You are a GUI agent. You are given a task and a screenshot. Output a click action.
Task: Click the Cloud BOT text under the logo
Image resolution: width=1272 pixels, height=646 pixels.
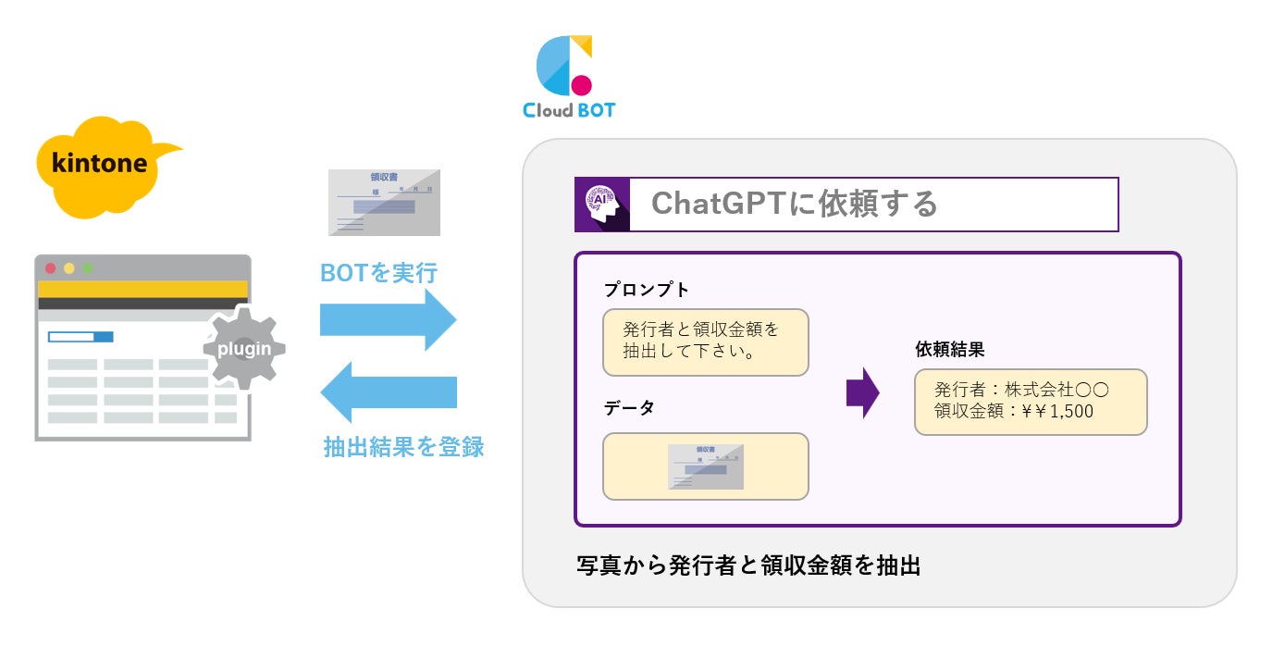pos(568,110)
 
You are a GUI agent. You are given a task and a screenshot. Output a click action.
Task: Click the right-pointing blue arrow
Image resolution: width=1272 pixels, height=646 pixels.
pos(388,318)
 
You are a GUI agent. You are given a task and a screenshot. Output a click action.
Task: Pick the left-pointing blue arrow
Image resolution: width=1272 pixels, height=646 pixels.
pos(388,392)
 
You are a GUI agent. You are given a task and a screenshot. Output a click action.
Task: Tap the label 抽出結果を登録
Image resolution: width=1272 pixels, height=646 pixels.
pos(403,447)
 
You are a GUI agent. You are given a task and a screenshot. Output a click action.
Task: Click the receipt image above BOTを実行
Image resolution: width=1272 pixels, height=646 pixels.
pos(385,202)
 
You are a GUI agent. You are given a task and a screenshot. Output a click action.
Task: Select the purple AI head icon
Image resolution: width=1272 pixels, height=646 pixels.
pos(602,205)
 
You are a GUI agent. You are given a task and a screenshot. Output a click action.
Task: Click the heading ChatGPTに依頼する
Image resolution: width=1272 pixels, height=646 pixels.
pos(794,204)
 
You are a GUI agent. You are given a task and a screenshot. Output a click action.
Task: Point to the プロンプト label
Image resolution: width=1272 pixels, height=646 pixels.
pos(646,290)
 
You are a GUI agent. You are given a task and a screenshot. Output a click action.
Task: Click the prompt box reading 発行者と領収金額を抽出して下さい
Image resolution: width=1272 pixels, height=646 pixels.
pos(705,342)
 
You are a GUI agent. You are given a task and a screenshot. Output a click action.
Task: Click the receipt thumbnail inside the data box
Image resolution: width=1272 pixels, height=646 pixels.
pos(706,466)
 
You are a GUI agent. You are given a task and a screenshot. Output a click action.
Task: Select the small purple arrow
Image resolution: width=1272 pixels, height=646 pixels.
pos(862,392)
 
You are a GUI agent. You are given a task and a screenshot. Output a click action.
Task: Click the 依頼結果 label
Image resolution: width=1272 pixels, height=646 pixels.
pos(949,349)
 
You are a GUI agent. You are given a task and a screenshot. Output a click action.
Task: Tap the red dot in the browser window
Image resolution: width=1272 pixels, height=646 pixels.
pos(51,268)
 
